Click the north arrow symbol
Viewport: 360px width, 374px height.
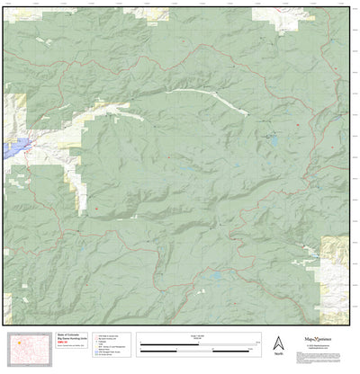pyautogui.click(x=278, y=343)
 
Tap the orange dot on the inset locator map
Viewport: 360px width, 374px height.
pyautogui.click(x=18, y=343)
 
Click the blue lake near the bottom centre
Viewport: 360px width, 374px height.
pyautogui.click(x=217, y=278)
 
